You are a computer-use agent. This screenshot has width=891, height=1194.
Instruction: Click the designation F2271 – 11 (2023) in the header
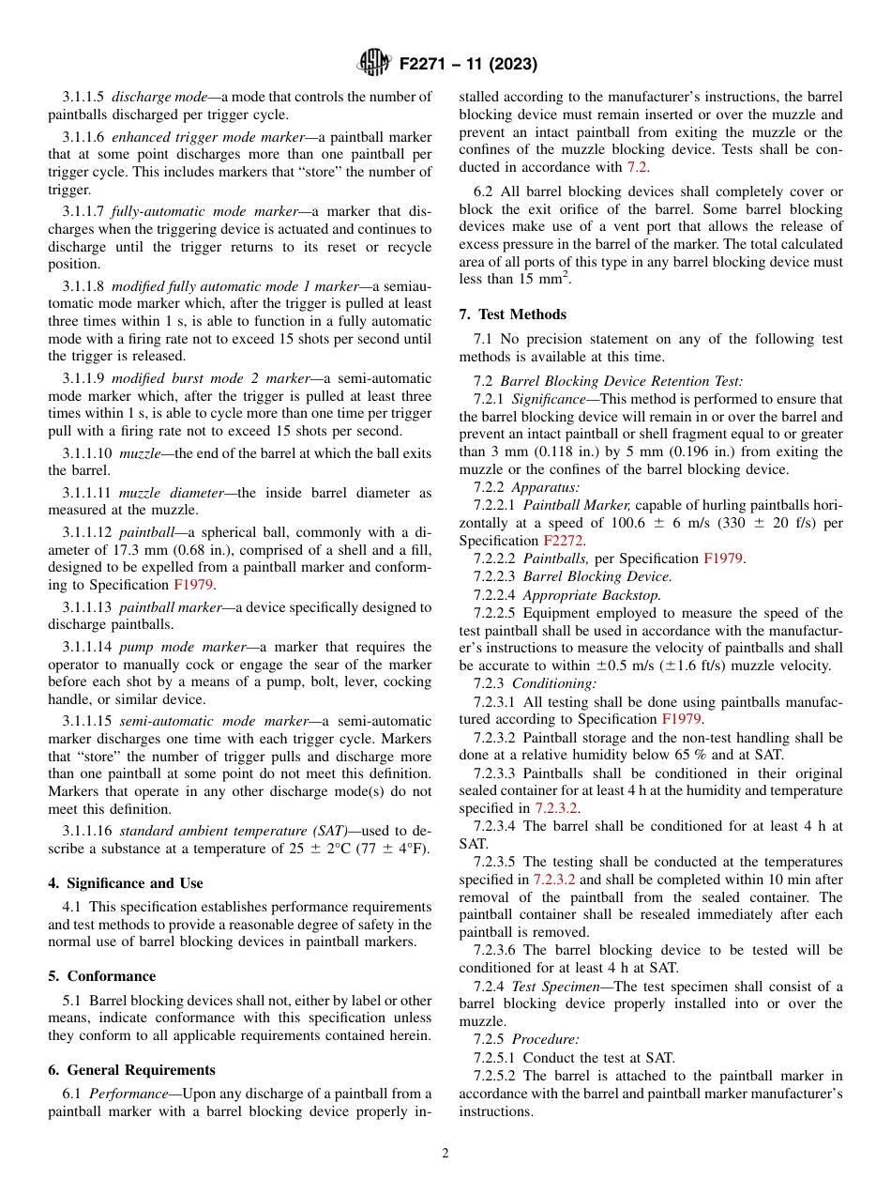click(468, 65)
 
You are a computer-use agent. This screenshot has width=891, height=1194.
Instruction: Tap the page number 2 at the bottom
click(445, 1154)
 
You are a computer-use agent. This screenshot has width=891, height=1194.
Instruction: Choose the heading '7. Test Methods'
click(512, 314)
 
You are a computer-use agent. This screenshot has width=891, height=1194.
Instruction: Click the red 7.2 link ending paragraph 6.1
click(637, 167)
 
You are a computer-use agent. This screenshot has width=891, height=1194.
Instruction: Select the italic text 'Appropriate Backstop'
click(591, 594)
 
